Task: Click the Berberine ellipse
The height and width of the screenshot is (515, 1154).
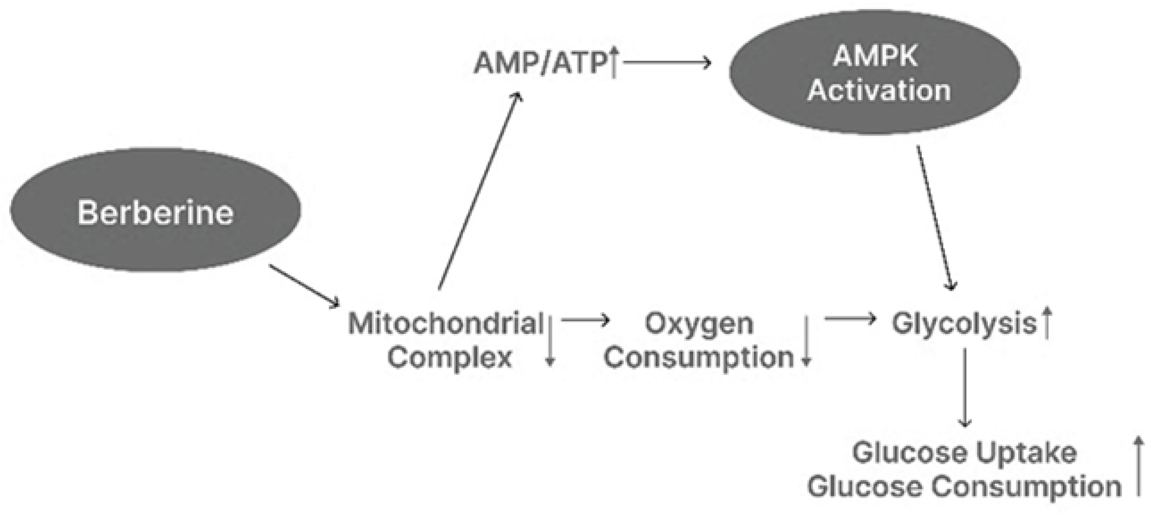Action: (156, 210)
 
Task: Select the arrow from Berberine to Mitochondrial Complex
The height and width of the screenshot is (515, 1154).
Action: (304, 286)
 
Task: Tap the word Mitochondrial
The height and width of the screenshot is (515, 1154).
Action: (445, 323)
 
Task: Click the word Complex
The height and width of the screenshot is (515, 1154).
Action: (449, 357)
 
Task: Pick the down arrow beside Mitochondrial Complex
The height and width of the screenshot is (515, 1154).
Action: (550, 341)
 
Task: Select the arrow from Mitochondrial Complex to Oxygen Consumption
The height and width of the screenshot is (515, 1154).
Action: (585, 320)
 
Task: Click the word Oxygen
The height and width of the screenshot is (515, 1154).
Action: (699, 323)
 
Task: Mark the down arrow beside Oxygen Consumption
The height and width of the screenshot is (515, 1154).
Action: (807, 341)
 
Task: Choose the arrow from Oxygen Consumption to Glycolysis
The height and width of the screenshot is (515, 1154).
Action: (849, 319)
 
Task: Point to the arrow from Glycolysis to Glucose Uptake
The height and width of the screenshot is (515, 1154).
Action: (964, 388)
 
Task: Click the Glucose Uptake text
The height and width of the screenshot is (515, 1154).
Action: (964, 453)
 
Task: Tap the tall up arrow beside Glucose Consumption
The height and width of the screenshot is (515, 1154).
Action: (1139, 466)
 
